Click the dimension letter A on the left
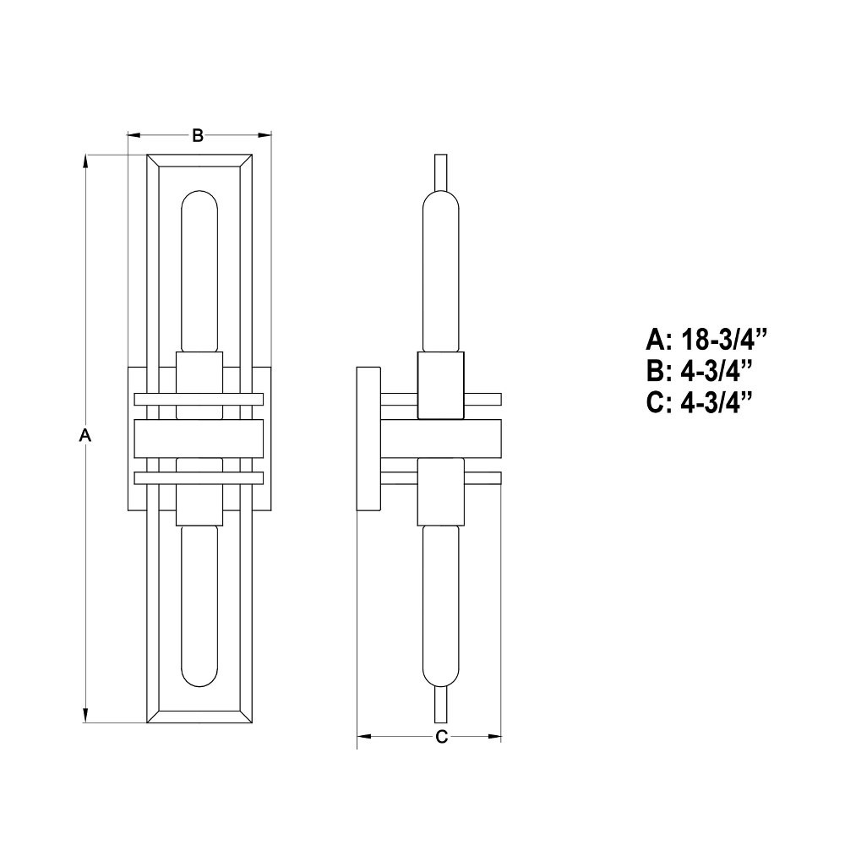coord(84,436)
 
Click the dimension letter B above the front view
coord(198,135)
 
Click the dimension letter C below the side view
coord(441,737)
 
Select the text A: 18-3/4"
coord(706,340)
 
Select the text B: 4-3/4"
coord(699,371)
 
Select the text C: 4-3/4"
coord(699,402)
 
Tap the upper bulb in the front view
coord(199,270)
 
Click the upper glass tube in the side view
coord(441,270)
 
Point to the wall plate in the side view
coord(368,439)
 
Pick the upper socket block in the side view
coord(441,386)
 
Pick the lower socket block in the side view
coord(441,492)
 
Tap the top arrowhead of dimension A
coord(85,161)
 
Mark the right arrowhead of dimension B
coord(266,135)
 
